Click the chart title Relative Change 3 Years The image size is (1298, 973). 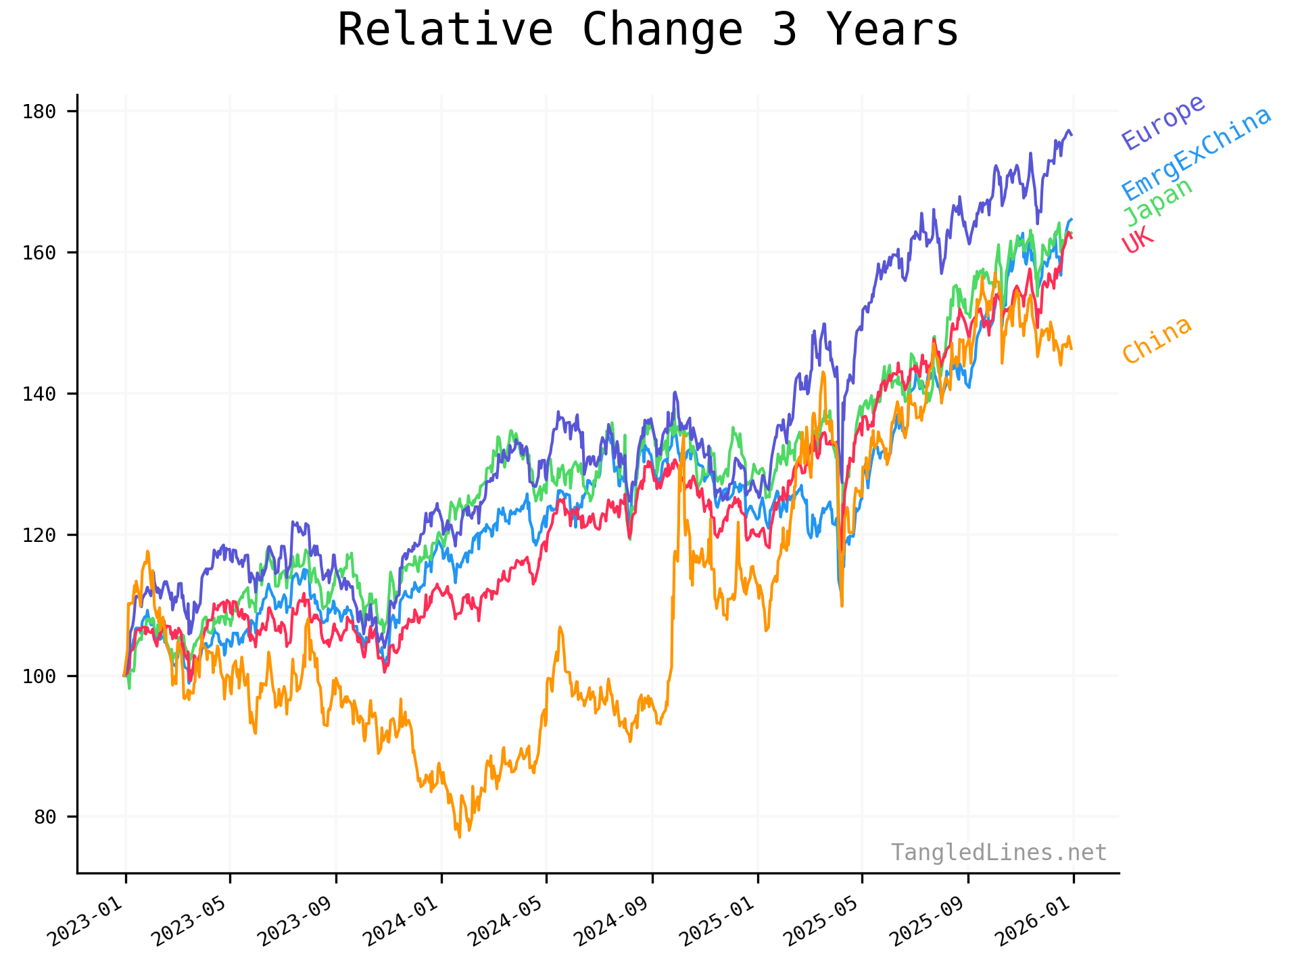click(x=648, y=30)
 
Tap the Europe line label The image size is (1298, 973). click(x=1163, y=122)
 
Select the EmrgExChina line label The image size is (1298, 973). click(x=1197, y=154)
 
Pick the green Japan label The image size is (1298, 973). click(x=1158, y=202)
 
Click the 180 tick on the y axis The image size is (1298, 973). click(x=39, y=111)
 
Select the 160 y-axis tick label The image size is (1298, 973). click(x=39, y=253)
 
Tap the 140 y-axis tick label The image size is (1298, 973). click(x=39, y=394)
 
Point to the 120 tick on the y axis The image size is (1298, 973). click(x=39, y=535)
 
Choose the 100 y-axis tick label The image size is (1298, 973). click(x=39, y=676)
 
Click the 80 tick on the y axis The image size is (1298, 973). click(x=45, y=817)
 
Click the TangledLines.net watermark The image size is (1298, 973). click(x=999, y=853)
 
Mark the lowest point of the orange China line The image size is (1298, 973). click(x=460, y=837)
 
